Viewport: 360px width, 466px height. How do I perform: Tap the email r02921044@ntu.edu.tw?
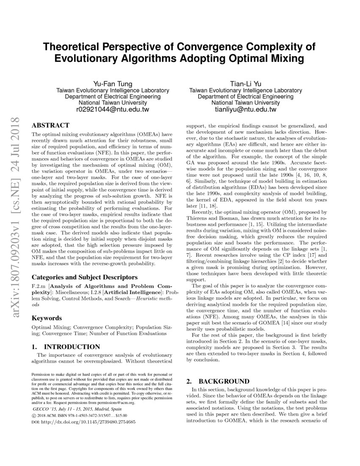[113, 109]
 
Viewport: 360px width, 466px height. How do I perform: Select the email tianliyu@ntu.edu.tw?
[246, 109]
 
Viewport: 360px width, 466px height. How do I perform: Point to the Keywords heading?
[47, 318]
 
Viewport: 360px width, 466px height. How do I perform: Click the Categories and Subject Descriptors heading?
[85, 277]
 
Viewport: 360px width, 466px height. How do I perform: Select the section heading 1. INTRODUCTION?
[66, 346]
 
